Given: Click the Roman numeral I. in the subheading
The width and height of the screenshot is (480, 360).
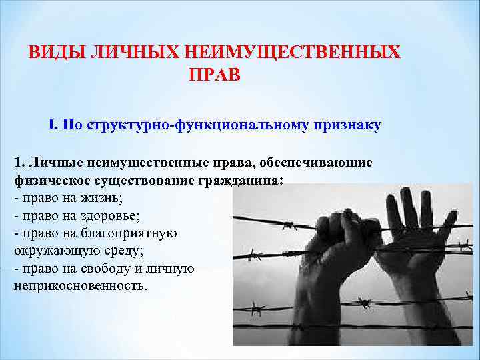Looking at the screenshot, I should [53, 125].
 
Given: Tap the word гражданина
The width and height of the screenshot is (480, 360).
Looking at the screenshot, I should [243, 181].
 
